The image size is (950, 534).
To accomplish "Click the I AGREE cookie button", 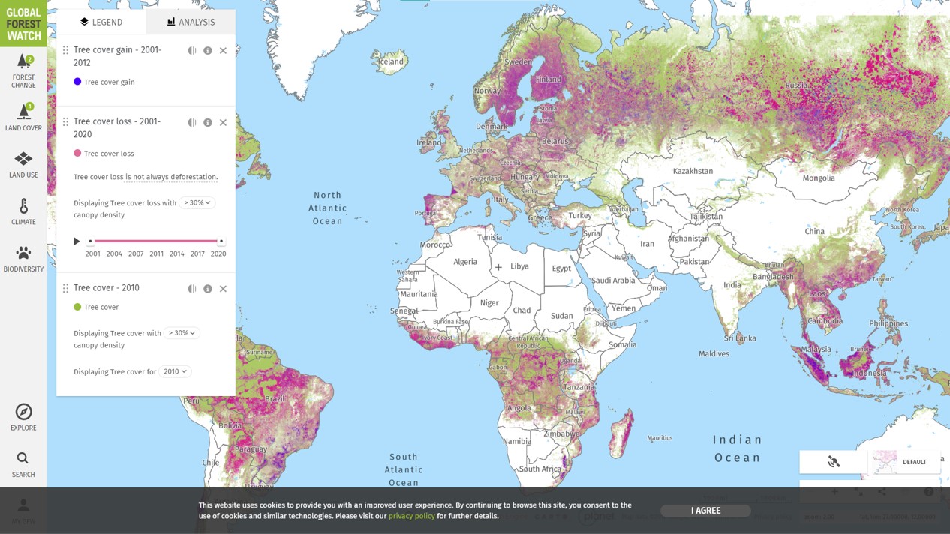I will click(x=705, y=511).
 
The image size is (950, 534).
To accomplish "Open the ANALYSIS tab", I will click(x=191, y=22).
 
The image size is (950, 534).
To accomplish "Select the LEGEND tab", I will click(x=101, y=22).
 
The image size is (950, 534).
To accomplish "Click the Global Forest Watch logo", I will click(x=23, y=23).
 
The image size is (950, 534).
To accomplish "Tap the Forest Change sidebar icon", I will click(x=23, y=70).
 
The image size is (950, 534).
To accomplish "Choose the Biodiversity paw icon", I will click(x=23, y=258).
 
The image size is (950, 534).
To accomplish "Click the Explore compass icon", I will click(x=23, y=417).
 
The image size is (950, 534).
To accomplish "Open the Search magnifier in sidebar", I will click(x=23, y=463).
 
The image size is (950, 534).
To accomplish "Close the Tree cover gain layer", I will click(x=223, y=51).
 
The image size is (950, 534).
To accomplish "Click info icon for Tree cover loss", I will click(x=208, y=122).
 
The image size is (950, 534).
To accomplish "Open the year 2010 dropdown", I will click(x=175, y=371).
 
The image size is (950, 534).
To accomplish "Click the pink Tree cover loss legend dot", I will click(x=77, y=153).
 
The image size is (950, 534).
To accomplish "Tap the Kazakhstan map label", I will click(x=693, y=171).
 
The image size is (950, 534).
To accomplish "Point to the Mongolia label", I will click(x=818, y=178).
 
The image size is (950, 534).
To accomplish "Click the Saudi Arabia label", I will click(x=613, y=280).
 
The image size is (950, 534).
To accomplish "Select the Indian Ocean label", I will click(x=737, y=448).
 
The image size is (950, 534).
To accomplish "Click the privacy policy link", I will click(x=411, y=516).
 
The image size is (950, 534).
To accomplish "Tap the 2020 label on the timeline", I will click(x=218, y=253).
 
